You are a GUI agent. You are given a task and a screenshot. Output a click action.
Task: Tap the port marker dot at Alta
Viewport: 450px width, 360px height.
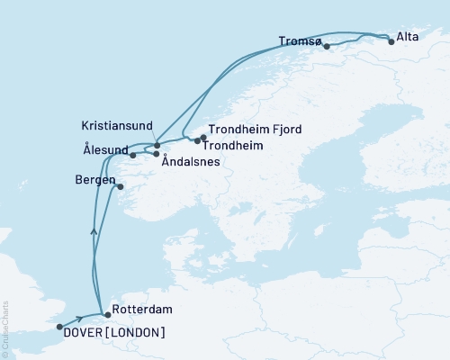tap(390, 40)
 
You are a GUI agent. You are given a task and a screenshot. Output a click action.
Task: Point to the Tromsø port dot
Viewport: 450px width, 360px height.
tap(327, 46)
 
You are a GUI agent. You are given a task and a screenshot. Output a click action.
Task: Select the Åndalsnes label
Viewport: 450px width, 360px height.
tap(191, 163)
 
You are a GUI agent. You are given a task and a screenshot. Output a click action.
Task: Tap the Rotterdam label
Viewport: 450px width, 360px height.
tap(139, 315)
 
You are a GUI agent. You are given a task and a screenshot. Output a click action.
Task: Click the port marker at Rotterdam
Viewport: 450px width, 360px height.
tap(106, 315)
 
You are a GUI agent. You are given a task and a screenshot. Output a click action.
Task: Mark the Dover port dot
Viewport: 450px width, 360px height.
tap(59, 327)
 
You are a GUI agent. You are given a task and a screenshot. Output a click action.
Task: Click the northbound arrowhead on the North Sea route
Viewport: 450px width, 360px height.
tap(94, 231)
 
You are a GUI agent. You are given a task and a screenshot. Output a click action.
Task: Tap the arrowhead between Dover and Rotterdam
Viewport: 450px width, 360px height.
tap(81, 319)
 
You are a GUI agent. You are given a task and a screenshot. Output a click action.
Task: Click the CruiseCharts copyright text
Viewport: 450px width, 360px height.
tap(5, 329)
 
